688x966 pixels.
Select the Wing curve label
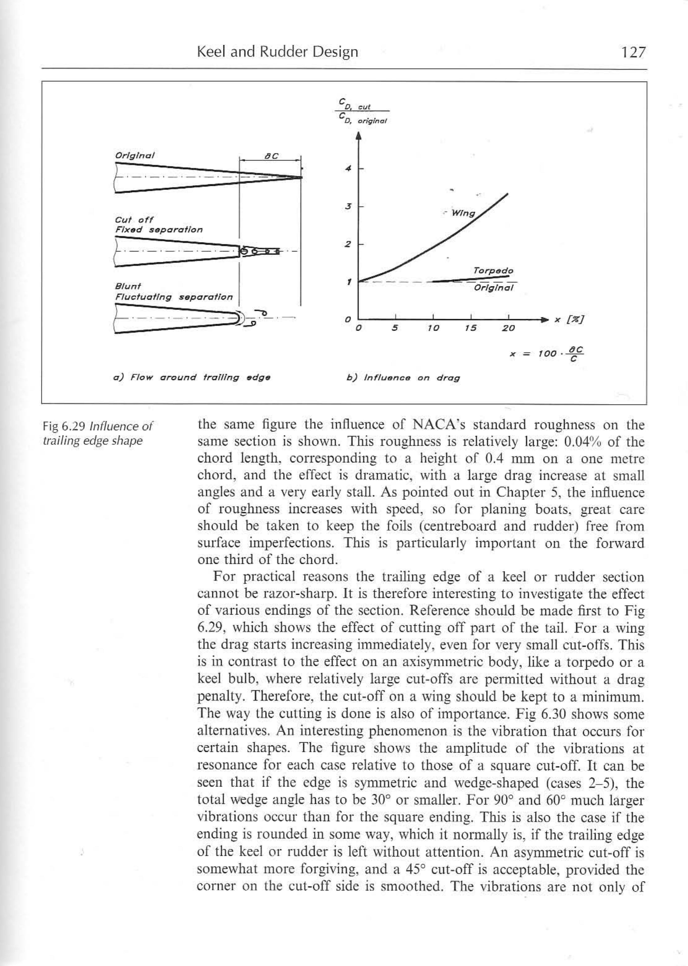click(x=464, y=213)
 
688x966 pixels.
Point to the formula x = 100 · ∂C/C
click(x=546, y=353)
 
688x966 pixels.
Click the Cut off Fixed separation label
click(x=158, y=224)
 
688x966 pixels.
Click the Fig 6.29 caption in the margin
click(x=98, y=433)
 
